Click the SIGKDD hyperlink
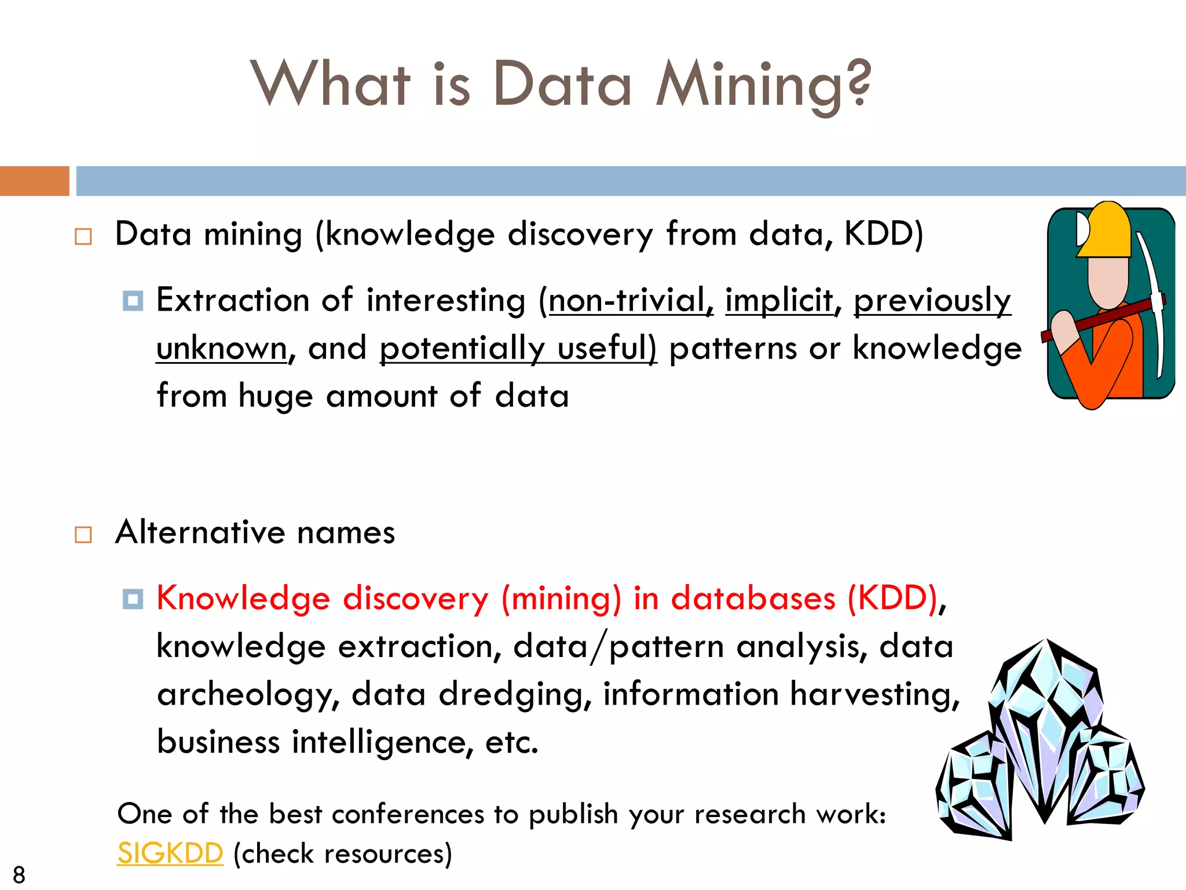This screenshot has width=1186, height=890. click(170, 853)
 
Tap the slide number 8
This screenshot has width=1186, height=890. click(19, 874)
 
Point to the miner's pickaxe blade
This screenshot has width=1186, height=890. click(1152, 301)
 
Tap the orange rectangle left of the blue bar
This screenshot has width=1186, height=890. click(34, 181)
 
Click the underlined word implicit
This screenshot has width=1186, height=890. click(779, 301)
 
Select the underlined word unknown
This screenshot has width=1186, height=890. click(222, 349)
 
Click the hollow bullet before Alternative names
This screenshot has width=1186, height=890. click(83, 534)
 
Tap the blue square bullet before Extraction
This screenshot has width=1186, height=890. click(133, 301)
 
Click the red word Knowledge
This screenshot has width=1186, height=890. click(243, 599)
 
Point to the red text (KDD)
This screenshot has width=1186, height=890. click(892, 599)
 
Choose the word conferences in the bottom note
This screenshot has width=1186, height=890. click(408, 815)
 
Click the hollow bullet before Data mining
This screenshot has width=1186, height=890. click(83, 236)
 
